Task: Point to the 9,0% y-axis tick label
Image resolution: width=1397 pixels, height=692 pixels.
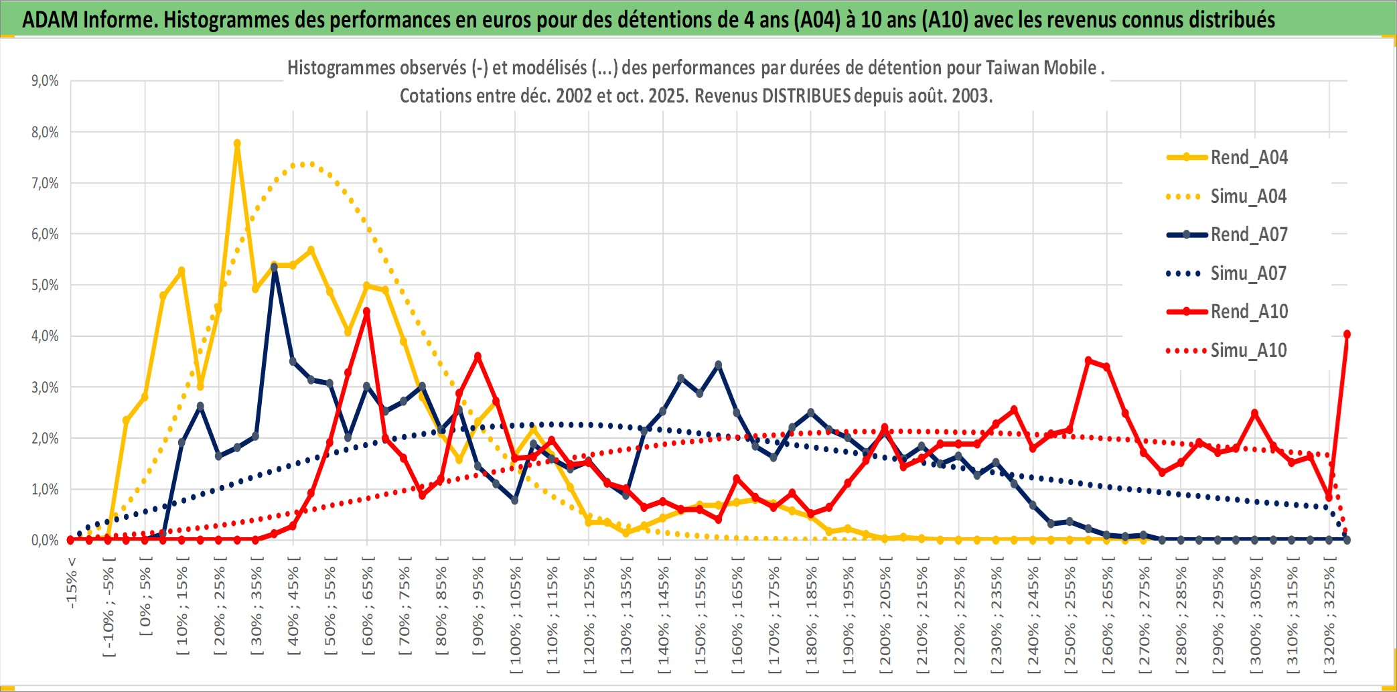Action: click(45, 81)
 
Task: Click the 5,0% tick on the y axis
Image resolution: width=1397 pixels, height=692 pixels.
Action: click(45, 285)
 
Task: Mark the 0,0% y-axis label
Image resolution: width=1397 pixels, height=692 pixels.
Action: click(45, 540)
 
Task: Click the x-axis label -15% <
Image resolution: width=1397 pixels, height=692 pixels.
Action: click(72, 582)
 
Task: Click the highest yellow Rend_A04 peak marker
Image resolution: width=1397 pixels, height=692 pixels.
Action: click(237, 143)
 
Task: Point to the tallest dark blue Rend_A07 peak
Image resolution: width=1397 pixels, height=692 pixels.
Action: click(274, 267)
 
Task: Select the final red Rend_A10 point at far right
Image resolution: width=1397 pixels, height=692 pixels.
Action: click(1347, 334)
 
